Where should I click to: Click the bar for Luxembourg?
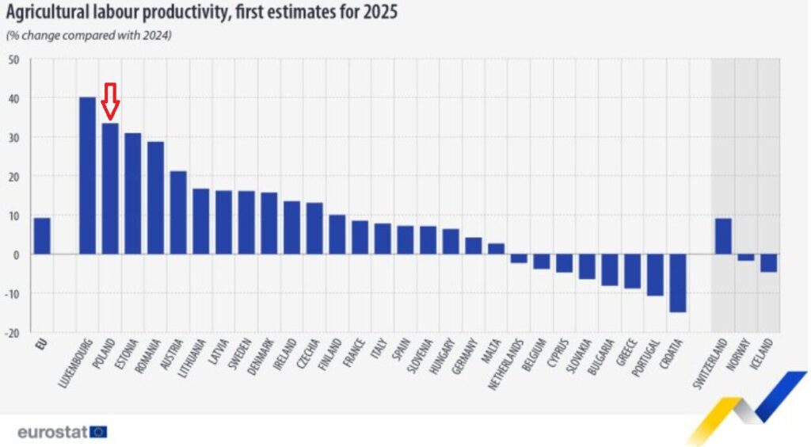pyautogui.click(x=87, y=175)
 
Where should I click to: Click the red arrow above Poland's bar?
pyautogui.click(x=110, y=101)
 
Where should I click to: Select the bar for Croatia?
pyautogui.click(x=677, y=283)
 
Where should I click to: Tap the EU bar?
pyautogui.click(x=41, y=236)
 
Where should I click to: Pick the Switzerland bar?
pyautogui.click(x=722, y=236)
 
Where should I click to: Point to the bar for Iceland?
pyautogui.click(x=768, y=263)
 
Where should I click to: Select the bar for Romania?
pyautogui.click(x=155, y=198)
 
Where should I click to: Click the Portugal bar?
pyautogui.click(x=655, y=275)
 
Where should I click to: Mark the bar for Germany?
pyautogui.click(x=473, y=246)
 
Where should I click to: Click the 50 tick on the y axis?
pyautogui.click(x=13, y=60)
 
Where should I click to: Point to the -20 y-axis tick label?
pyautogui.click(x=13, y=332)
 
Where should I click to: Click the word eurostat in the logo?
pyautogui.click(x=52, y=432)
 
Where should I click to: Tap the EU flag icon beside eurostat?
pyautogui.click(x=98, y=432)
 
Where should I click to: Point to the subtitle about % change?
pyautogui.click(x=89, y=36)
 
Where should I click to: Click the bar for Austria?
pyautogui.click(x=178, y=212)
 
